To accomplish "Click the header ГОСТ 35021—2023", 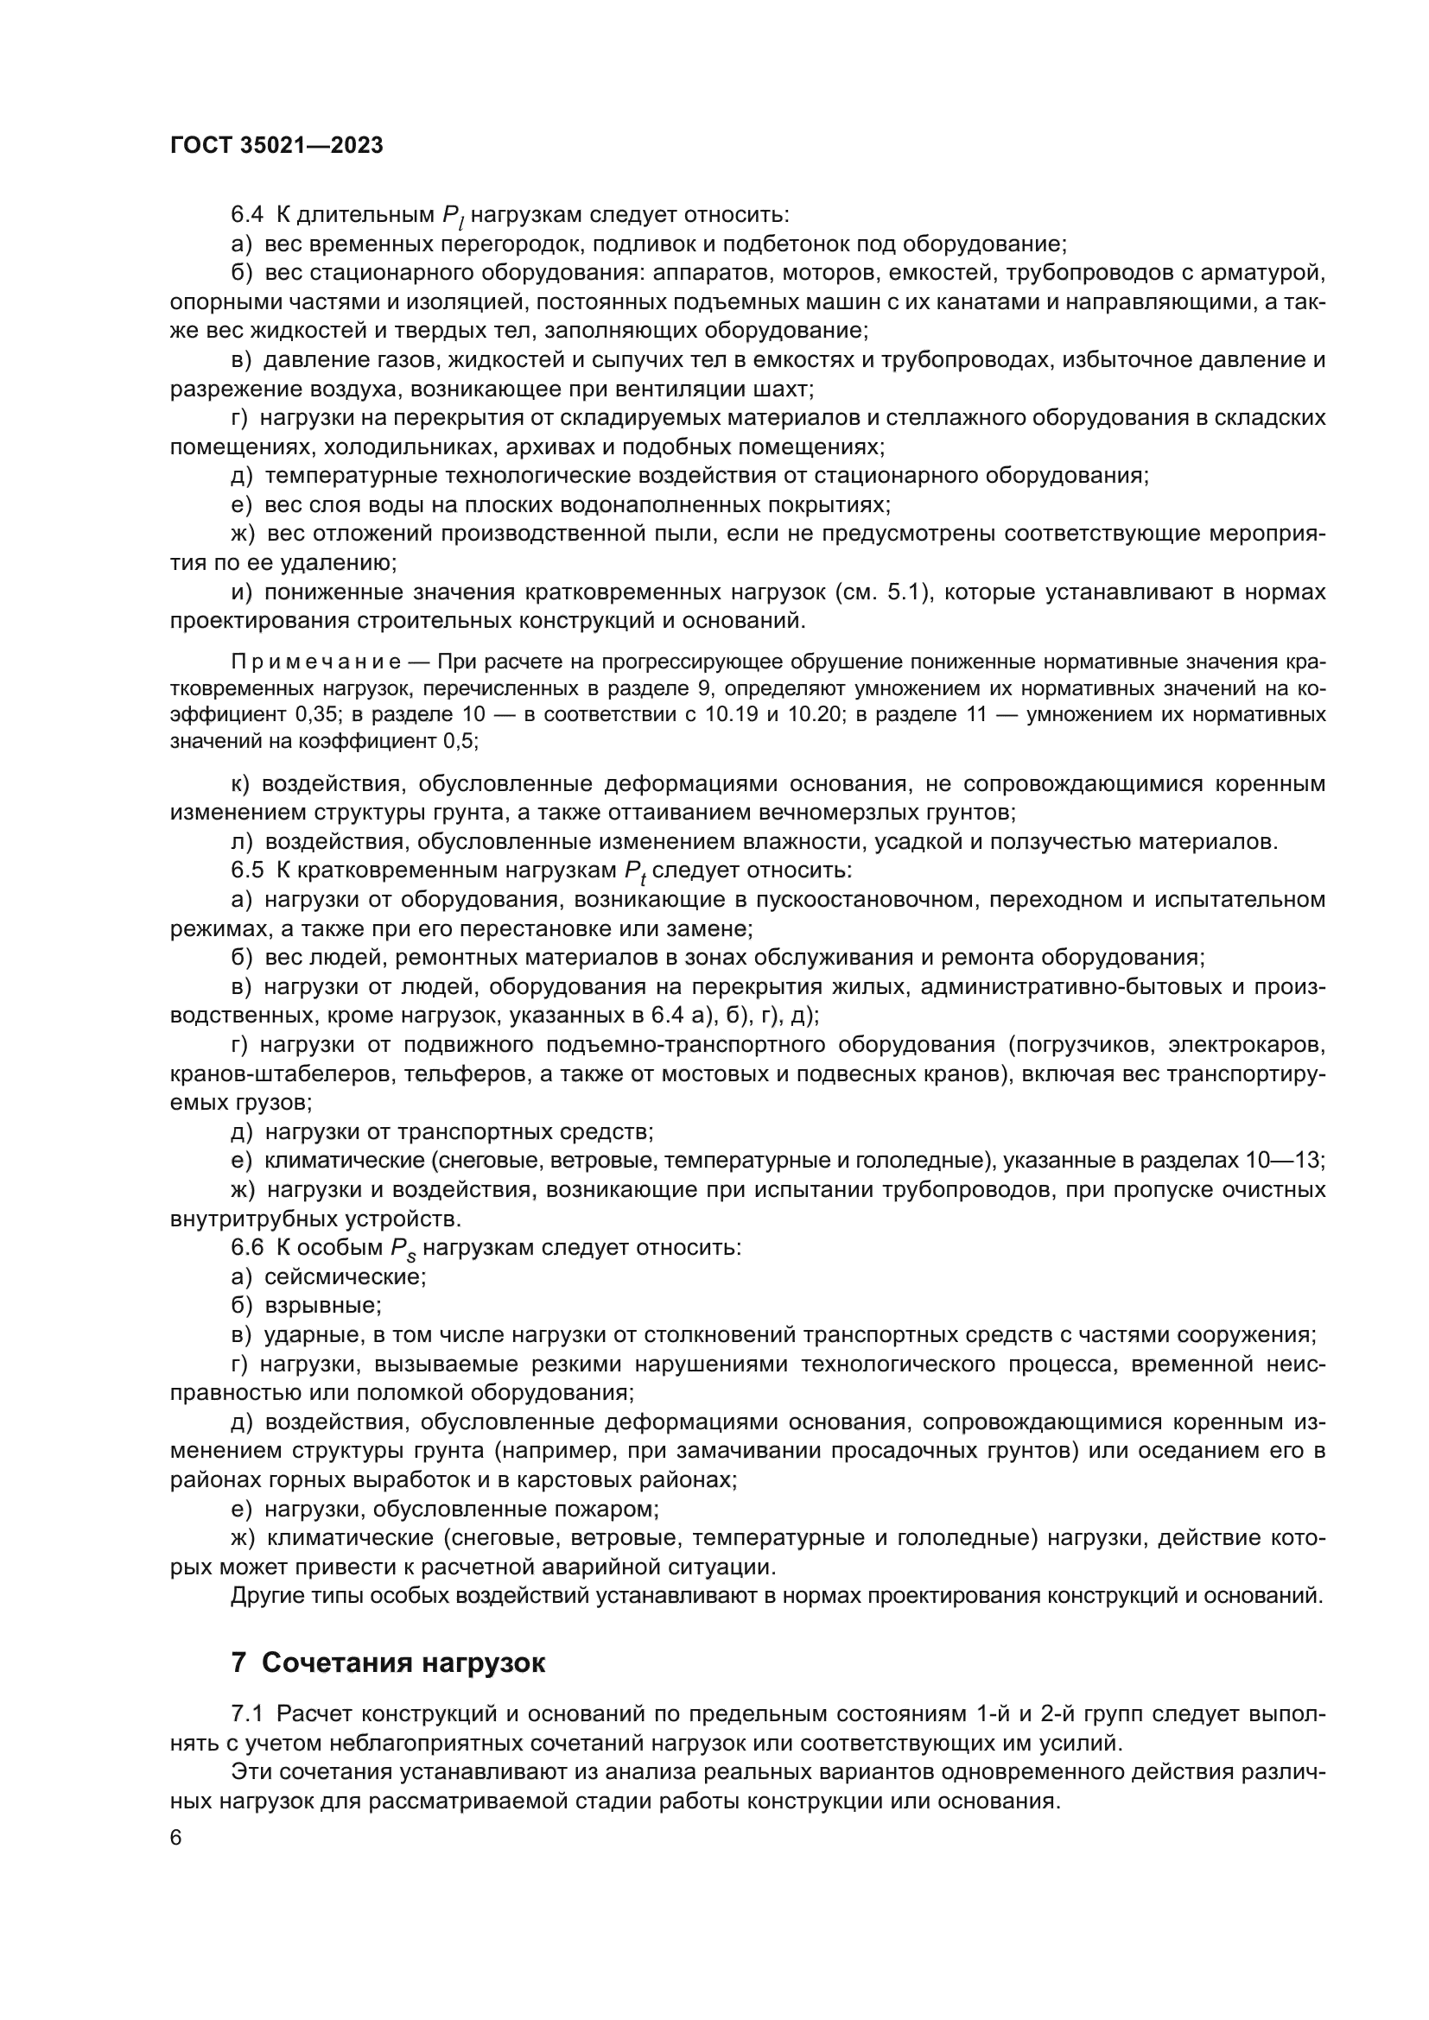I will click(x=276, y=146).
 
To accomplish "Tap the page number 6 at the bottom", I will click(x=176, y=1839).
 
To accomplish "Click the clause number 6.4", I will click(x=247, y=215).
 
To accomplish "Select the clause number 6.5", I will click(x=247, y=871).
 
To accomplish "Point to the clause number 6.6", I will click(x=247, y=1248).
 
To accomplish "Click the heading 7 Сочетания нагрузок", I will click(x=388, y=1662).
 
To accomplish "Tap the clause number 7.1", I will click(x=247, y=1713).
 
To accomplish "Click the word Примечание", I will click(x=316, y=662).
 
